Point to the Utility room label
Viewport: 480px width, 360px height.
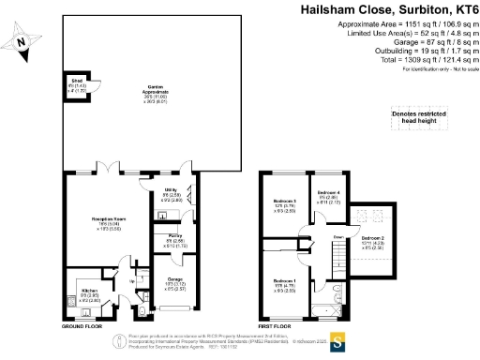click(172, 193)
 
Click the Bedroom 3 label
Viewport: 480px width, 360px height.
click(284, 204)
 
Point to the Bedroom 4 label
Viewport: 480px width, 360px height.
click(331, 198)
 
